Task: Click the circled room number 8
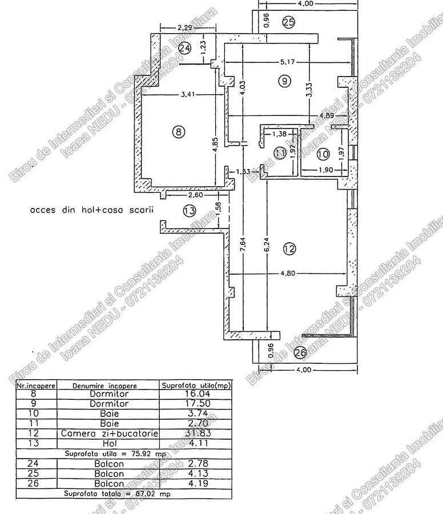pyautogui.click(x=179, y=132)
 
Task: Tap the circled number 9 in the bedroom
pyautogui.click(x=284, y=81)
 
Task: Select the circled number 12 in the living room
pyautogui.click(x=289, y=248)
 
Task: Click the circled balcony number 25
pyautogui.click(x=288, y=23)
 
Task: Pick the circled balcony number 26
pyautogui.click(x=300, y=353)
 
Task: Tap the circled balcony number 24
pyautogui.click(x=184, y=49)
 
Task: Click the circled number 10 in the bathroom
pyautogui.click(x=323, y=154)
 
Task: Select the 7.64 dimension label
pyautogui.click(x=244, y=251)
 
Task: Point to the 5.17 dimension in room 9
pyautogui.click(x=287, y=61)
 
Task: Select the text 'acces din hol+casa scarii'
pyautogui.click(x=92, y=210)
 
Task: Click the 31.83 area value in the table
pyautogui.click(x=196, y=433)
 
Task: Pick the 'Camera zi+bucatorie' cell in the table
pyautogui.click(x=110, y=433)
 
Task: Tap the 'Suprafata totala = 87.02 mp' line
pyautogui.click(x=117, y=492)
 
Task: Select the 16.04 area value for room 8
pyautogui.click(x=196, y=394)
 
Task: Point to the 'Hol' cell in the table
pyautogui.click(x=110, y=443)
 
